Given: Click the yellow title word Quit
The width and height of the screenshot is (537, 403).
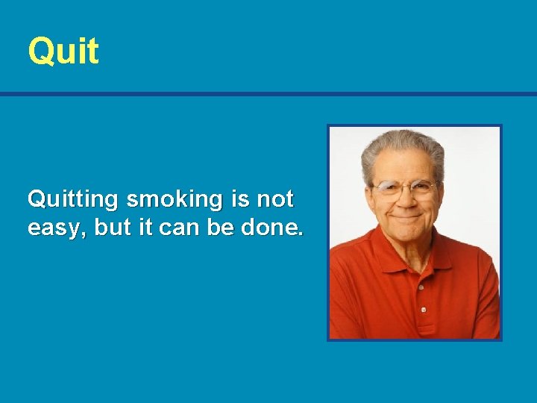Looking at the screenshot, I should coord(63,51).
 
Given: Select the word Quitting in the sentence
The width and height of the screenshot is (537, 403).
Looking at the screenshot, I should coord(73,200).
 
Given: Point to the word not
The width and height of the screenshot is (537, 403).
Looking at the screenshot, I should coord(274,200).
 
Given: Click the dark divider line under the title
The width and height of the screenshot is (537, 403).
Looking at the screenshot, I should coord(268,94).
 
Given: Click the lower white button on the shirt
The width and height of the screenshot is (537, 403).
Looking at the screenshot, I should coord(423,309).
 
